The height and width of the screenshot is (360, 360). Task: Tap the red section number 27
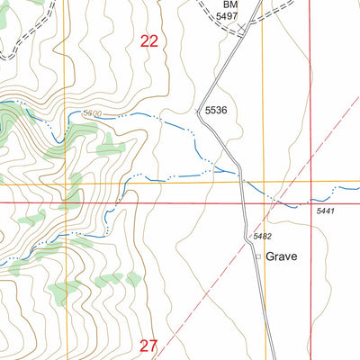coord(149,345)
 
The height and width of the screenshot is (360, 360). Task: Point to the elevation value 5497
coord(227,16)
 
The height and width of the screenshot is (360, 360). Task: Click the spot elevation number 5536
coord(217,111)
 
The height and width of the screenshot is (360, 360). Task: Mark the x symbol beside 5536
coord(199,111)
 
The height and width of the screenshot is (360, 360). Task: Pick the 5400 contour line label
coord(91,113)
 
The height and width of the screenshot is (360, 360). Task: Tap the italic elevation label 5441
coord(326,211)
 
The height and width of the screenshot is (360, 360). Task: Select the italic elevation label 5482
coord(262,236)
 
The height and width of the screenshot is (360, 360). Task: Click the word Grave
coord(282,256)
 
